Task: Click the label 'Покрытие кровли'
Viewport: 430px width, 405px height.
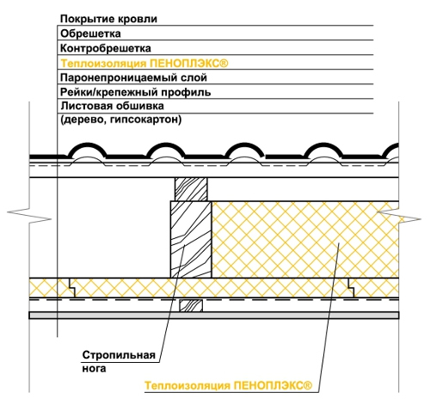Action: pos(108,19)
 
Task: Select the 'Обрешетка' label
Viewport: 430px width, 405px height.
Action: pos(90,34)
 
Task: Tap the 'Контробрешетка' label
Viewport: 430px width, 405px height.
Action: pos(106,48)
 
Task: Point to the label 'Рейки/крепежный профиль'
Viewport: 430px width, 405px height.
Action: pos(136,92)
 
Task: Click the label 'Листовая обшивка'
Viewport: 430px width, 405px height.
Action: pos(112,106)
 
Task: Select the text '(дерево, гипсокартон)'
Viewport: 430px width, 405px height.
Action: pos(121,120)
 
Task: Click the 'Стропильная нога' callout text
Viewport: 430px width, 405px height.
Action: pos(119,361)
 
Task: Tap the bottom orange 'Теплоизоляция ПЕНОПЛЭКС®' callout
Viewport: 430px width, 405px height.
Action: pos(228,385)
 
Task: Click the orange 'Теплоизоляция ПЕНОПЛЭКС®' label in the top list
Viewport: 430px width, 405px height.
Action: pos(144,64)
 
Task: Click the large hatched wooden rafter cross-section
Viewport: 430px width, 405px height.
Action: pos(191,239)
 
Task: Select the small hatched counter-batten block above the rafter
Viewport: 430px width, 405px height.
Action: pos(191,189)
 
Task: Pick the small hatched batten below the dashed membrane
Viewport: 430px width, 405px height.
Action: pos(191,305)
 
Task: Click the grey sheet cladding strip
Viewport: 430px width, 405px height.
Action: pos(214,316)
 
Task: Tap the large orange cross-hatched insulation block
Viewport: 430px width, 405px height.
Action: pos(305,239)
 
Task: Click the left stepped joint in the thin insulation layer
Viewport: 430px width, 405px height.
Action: pos(72,287)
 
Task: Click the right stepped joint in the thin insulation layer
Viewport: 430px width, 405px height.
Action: pos(351,287)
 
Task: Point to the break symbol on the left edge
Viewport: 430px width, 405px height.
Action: pos(29,216)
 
